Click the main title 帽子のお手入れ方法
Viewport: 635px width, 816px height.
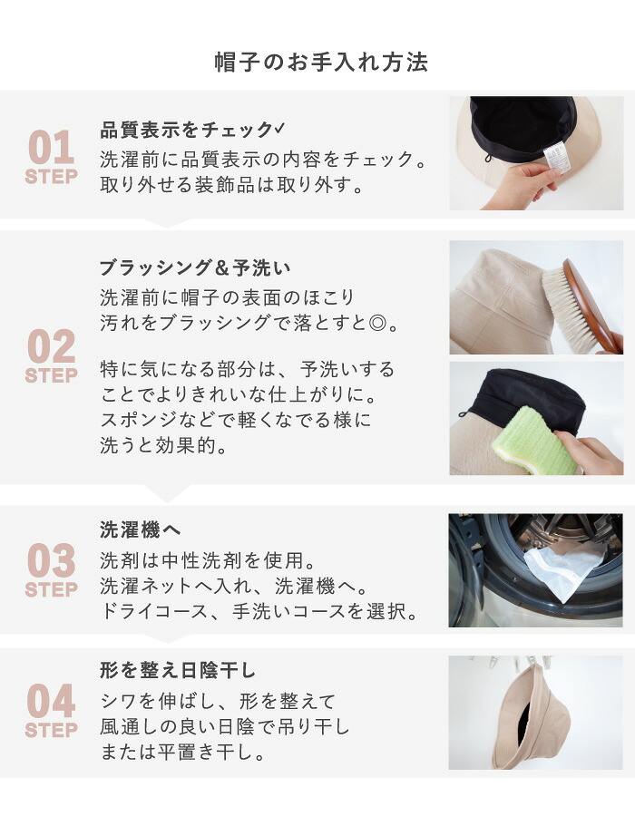321,62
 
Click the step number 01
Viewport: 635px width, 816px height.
51,148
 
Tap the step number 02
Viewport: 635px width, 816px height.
51,346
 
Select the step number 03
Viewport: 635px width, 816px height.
51,560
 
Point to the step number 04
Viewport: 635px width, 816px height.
51,701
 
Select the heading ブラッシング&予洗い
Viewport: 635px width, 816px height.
195,268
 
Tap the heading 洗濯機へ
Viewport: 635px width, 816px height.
141,529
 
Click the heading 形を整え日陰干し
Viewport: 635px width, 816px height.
178,670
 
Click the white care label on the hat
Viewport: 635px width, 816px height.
557,157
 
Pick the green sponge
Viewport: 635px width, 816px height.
533,441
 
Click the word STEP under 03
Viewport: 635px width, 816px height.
51,589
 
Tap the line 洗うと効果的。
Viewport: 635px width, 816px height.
163,445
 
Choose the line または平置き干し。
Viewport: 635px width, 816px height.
183,752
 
